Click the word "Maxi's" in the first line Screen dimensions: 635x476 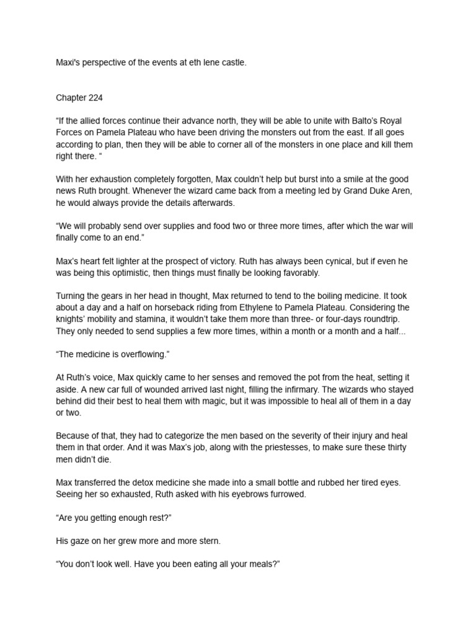pos(68,63)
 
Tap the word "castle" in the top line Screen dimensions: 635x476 pos(233,63)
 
